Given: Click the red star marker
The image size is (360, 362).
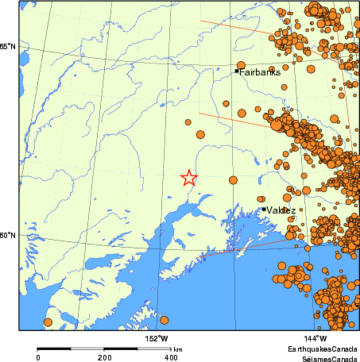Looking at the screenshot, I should pos(188,178).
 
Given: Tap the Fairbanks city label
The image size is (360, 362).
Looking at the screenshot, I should pos(260,71).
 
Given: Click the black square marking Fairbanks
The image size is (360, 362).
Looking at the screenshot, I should pos(237,71).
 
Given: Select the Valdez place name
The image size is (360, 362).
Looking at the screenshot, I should pos(282,210).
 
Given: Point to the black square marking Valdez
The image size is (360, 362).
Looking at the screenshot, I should pos(264,210).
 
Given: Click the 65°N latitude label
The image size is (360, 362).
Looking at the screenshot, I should pos(8,47).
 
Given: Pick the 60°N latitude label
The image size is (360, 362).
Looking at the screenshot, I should pos(8,235).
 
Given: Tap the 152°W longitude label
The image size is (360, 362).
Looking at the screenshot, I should pos(157,339).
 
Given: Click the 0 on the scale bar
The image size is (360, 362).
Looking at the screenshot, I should pos(38,358).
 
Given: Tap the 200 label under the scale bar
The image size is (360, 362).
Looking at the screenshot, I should pos(104,358).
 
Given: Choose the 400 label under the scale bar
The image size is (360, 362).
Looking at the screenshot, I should pos(170,358).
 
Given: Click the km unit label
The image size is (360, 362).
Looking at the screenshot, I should pos(179,349).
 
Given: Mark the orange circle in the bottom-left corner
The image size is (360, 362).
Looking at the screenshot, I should pos(48,322).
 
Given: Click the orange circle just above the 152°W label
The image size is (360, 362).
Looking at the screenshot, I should pos(165,321).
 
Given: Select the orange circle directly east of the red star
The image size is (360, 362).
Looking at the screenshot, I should pos(233,180).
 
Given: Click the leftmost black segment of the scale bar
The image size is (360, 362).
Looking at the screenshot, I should pos(54,349).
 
